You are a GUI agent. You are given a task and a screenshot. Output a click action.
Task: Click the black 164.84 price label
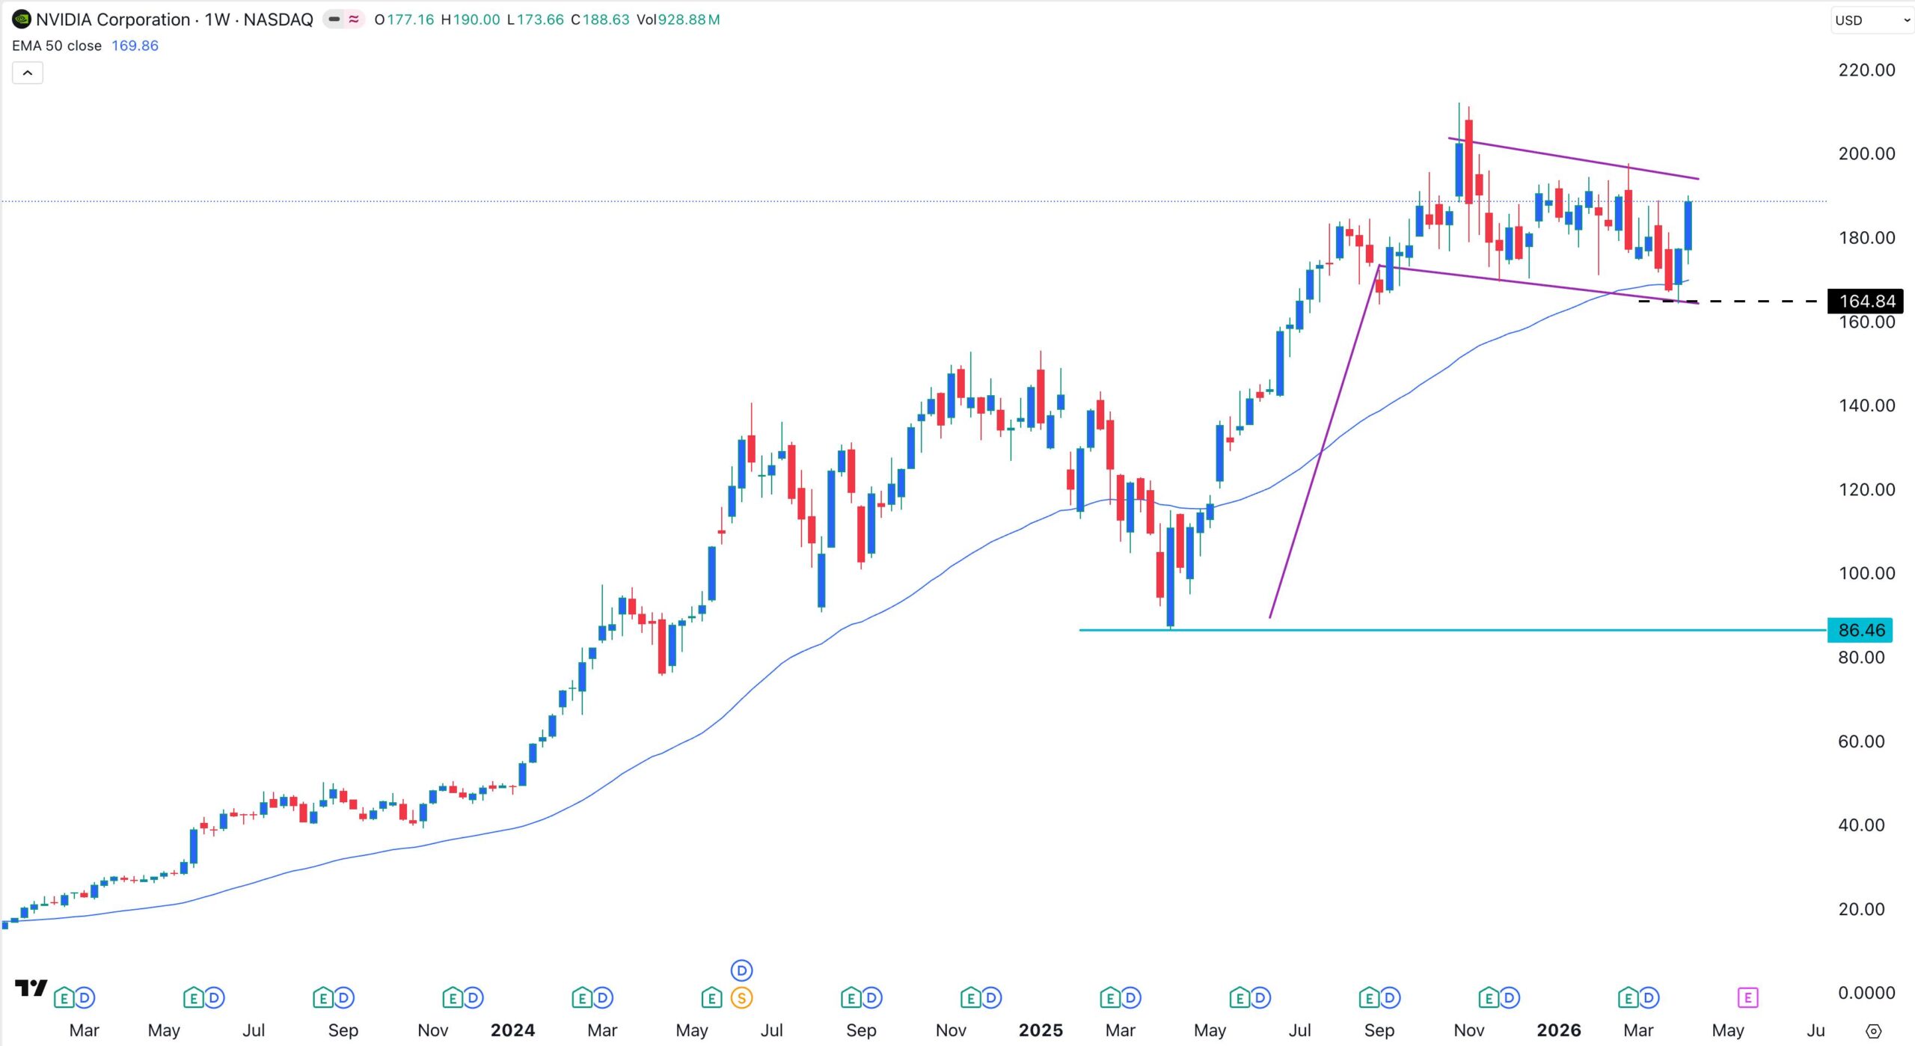pos(1866,302)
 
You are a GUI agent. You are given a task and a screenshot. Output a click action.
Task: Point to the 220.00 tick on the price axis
pos(1866,70)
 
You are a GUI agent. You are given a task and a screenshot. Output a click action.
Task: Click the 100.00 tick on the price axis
pos(1866,574)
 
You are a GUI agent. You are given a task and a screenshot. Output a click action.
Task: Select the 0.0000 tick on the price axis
pos(1866,993)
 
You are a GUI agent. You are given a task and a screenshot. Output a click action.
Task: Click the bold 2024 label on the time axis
pos(512,1030)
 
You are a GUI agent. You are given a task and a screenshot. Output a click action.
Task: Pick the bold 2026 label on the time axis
pos(1558,1030)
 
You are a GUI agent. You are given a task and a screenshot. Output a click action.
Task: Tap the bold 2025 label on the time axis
pos(1040,1030)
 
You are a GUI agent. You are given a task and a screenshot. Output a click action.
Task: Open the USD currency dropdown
pos(1871,20)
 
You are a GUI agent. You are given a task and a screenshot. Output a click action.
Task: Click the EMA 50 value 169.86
pos(135,46)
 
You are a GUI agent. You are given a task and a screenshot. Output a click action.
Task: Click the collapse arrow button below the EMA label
pos(28,73)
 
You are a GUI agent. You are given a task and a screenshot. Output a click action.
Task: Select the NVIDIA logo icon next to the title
pos(21,19)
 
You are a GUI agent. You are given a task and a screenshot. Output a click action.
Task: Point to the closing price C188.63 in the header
pos(600,19)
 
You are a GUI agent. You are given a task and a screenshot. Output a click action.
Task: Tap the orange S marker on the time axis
pos(741,998)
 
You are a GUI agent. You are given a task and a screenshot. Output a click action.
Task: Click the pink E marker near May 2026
pos(1747,998)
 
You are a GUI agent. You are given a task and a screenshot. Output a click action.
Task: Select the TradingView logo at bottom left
pos(31,988)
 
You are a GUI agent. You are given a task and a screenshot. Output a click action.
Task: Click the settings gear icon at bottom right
pos(1873,1031)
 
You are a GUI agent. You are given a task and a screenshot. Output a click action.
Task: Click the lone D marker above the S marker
pos(741,971)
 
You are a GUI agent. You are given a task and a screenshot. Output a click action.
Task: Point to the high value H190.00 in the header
pos(471,19)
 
